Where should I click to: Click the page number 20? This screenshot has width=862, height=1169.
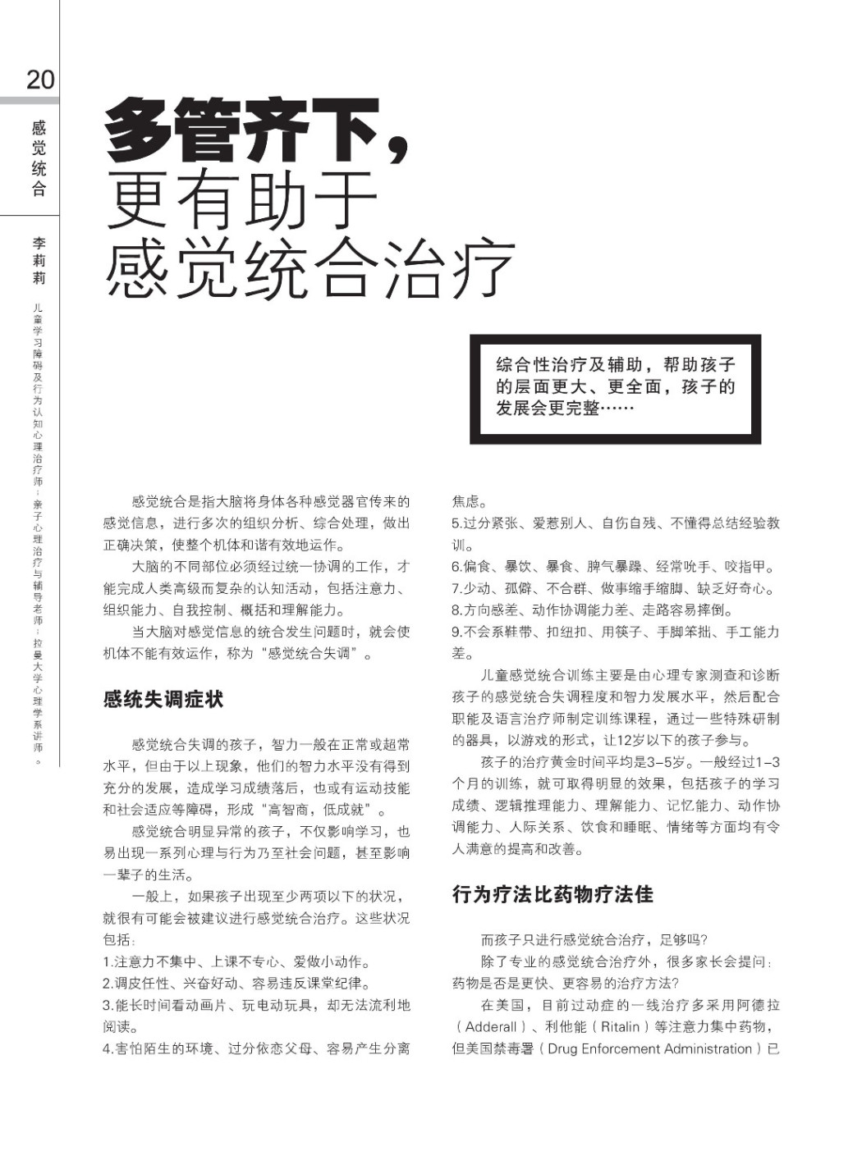(40, 80)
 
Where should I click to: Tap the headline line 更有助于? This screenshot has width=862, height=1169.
(241, 200)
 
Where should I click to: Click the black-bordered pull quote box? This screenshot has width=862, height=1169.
(615, 389)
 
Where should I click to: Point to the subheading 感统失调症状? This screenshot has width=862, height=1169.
(163, 700)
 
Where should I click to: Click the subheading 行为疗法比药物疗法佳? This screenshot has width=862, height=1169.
(553, 894)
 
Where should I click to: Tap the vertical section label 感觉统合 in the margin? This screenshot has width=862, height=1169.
(39, 158)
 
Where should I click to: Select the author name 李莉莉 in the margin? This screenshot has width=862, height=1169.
(39, 261)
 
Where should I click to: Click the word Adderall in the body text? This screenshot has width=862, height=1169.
(491, 1027)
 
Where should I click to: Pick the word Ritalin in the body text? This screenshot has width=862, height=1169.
(620, 1027)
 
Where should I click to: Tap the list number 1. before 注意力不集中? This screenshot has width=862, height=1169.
(108, 962)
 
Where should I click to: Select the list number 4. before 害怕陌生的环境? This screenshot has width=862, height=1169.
(108, 1049)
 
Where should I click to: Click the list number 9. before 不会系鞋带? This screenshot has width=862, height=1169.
(456, 632)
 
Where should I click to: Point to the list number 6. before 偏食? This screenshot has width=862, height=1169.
(456, 567)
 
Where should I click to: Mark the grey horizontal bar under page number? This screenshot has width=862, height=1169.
(30, 101)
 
